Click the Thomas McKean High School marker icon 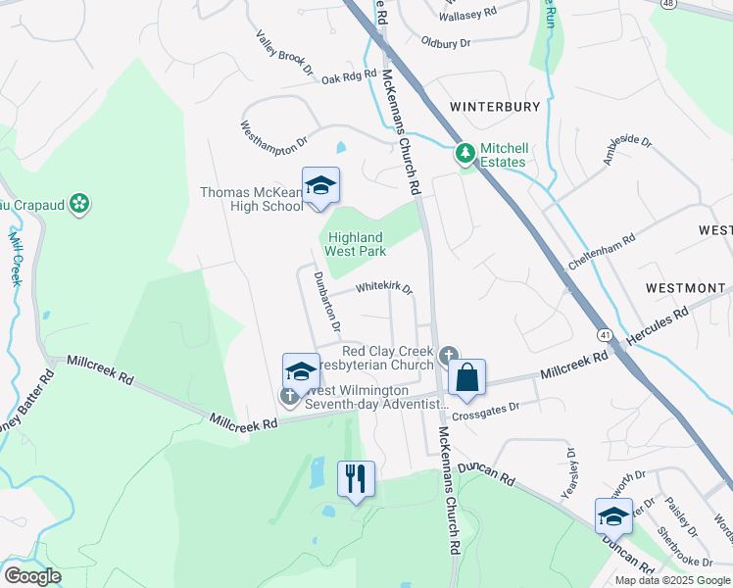[x=320, y=185]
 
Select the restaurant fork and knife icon [x=356, y=479]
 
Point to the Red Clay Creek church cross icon [x=449, y=354]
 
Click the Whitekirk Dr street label [x=384, y=289]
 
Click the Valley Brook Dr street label [x=284, y=53]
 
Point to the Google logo [x=32, y=576]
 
